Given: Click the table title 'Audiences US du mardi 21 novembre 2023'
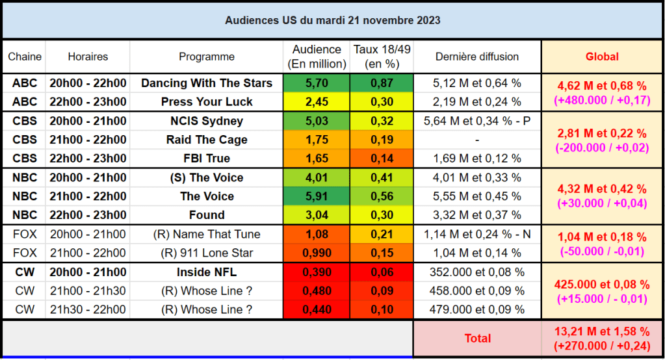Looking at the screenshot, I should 332,20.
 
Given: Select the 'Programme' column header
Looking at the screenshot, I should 207,57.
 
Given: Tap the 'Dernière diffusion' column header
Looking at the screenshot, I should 477,57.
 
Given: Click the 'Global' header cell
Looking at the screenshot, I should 602,57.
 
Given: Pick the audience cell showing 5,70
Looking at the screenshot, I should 317,83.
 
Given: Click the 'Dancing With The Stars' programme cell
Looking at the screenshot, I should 207,83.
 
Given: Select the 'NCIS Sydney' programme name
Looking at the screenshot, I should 207,121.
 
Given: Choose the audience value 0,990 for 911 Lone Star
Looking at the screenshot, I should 317,253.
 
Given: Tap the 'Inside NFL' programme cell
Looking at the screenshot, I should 207,272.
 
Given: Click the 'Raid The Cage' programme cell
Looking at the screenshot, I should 207,140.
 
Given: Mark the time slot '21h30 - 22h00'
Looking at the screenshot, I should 88,309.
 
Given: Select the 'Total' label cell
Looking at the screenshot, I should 477,338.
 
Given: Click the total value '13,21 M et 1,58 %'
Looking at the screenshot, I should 602,332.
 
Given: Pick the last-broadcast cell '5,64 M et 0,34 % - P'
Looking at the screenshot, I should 477,121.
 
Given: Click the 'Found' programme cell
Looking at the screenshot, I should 207,215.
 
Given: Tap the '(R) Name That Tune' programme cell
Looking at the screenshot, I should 207,234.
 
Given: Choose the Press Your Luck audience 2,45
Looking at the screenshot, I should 317,102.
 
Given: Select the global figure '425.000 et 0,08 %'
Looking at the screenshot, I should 602,284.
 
